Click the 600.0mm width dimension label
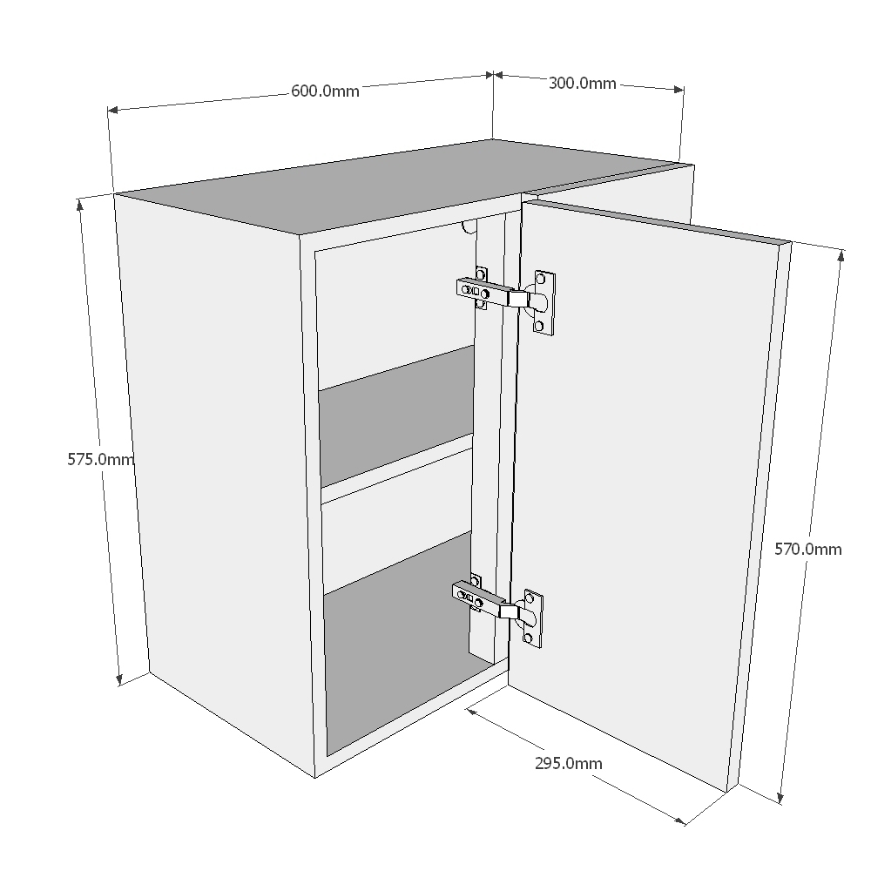[324, 91]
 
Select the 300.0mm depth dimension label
[582, 84]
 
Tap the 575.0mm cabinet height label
[100, 459]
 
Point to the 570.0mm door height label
[808, 549]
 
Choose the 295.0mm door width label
[568, 763]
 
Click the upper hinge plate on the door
[544, 302]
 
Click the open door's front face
[645, 488]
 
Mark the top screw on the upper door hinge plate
[540, 280]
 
